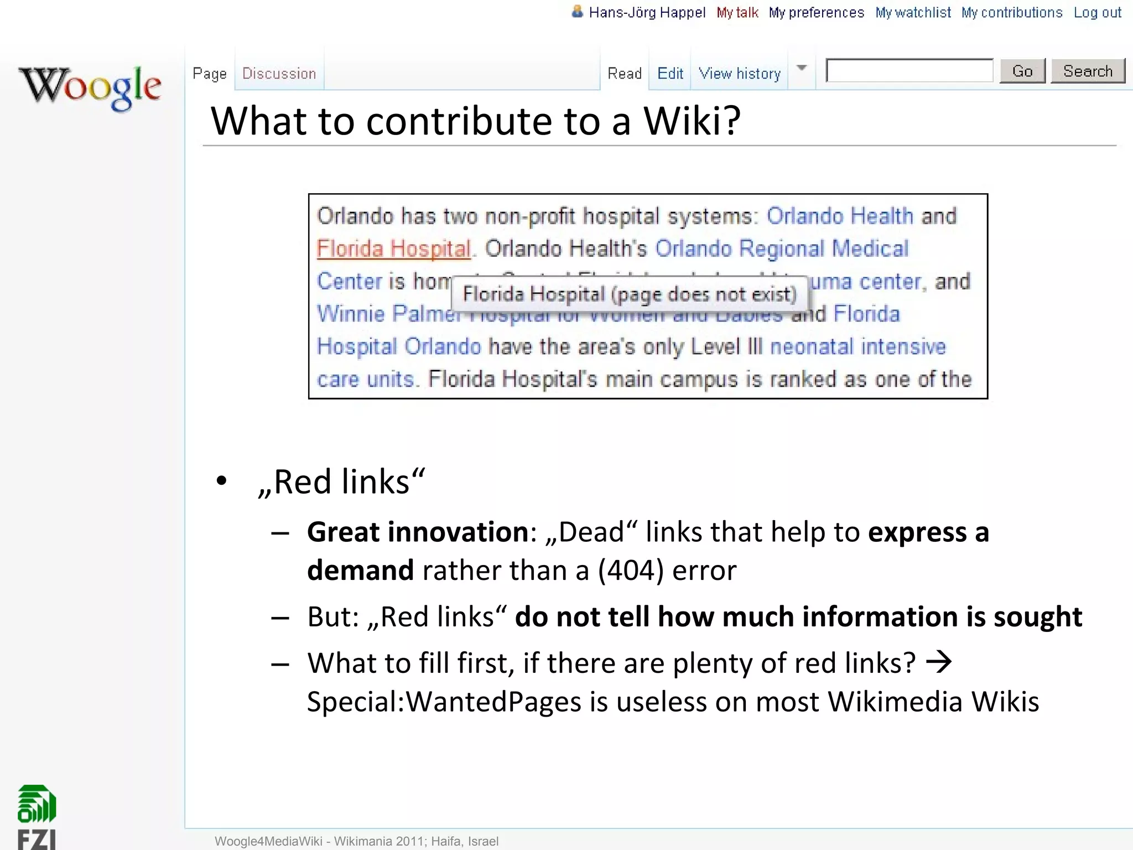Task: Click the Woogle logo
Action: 90,87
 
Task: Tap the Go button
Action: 1022,71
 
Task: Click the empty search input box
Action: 909,71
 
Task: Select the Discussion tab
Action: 279,74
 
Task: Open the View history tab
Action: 739,74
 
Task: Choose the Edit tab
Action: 670,74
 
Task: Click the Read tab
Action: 625,74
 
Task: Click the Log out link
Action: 1097,13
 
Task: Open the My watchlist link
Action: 913,13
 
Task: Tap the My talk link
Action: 737,13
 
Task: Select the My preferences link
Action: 816,13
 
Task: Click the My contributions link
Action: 1011,13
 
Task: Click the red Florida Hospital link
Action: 393,249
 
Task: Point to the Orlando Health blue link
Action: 839,216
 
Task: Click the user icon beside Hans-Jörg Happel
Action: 577,12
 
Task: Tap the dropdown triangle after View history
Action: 802,68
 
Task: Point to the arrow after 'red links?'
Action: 939,662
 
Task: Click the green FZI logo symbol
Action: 37,804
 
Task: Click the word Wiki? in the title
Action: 692,121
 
